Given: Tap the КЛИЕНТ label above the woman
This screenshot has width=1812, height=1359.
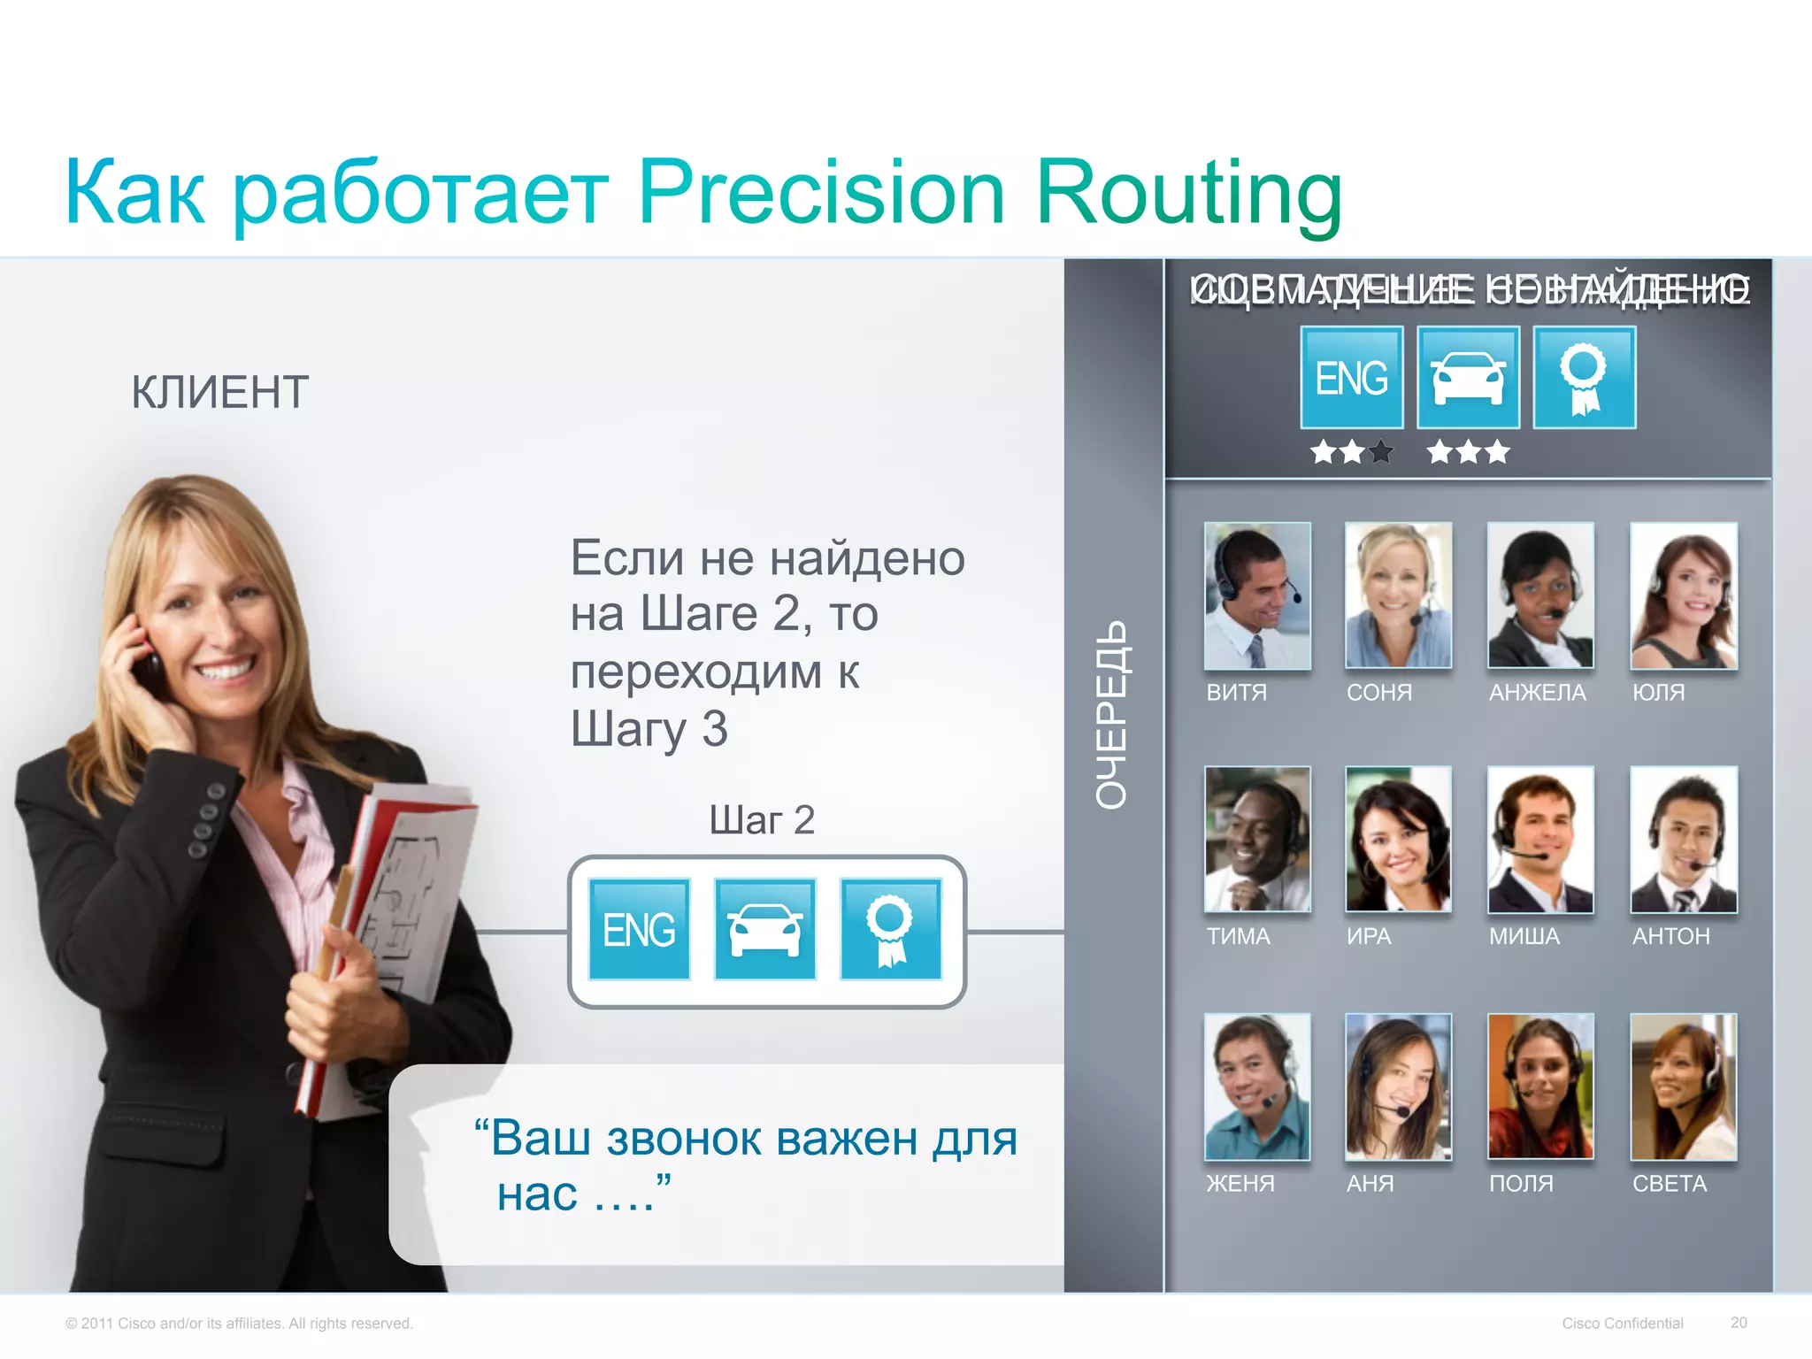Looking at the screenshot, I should pos(220,392).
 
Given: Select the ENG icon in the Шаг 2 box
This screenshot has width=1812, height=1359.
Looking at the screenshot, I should pos(639,929).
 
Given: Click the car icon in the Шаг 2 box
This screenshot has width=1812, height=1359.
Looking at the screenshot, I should pos(764,929).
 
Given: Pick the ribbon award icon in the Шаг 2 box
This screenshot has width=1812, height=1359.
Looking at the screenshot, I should pos(890,929).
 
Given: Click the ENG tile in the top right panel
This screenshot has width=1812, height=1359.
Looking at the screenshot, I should pos(1351,378).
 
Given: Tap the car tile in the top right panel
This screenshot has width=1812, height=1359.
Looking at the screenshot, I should pos(1468,378).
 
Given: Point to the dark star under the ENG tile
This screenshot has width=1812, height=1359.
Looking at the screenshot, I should pos(1380,453).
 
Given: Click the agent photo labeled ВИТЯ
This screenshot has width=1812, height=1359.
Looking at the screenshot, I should pos(1257,595).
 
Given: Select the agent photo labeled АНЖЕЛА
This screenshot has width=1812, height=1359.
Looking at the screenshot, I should pos(1540,595).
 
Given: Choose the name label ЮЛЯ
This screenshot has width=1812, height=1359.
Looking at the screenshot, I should pos(1658,692).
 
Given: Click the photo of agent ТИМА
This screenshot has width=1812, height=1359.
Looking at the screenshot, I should pos(1257,839).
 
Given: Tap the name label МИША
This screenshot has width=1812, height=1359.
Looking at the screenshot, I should pos(1524,936).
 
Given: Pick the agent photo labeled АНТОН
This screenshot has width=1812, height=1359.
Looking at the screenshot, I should pos(1683,839).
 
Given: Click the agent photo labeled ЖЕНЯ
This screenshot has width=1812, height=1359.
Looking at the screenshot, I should pos(1257,1086).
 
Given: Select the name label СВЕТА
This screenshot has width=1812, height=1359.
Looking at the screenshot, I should pos(1669,1184).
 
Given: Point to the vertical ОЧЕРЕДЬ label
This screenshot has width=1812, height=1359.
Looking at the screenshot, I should pos(1112,715).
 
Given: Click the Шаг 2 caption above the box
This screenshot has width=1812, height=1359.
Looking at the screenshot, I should pos(761,820).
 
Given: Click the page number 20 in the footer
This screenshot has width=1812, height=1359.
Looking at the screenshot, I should pos(1739,1323).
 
